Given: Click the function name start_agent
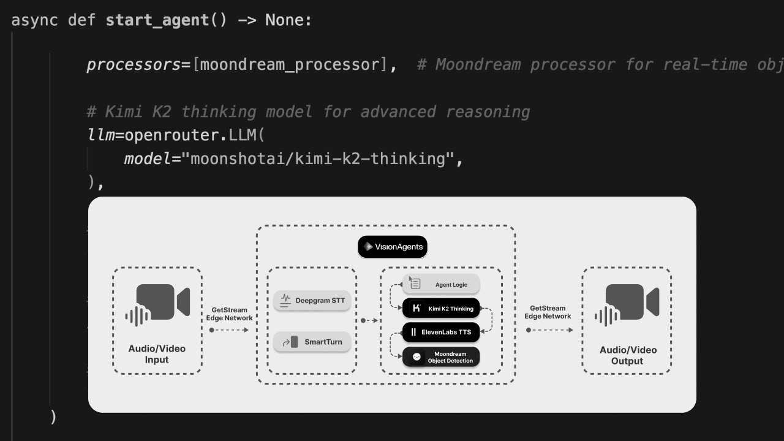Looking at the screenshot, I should coord(157,20).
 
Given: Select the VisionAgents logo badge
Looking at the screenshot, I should coord(392,247).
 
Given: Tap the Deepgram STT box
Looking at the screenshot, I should coord(312,300).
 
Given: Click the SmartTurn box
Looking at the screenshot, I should coord(312,342).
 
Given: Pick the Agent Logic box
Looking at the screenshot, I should coord(441,284).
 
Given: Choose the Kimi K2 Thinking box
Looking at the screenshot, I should coord(441,308).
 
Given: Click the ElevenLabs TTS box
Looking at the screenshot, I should coord(441,332).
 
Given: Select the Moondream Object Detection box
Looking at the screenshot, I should coord(441,357).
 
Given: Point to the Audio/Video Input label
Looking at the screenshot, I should coord(157,354).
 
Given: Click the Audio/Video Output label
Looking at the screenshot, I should coord(627,355).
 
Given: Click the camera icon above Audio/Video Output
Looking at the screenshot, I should coord(627,304).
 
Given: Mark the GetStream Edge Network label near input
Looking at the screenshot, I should coord(232,314).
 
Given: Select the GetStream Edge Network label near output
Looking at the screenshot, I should coord(548,312).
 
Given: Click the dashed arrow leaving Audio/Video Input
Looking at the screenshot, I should coord(230,330).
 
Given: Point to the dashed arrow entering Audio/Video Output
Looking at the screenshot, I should coord(549,330).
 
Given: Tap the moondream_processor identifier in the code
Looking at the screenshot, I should coord(289,65).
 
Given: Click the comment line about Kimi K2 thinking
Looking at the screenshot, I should coord(308,112).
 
